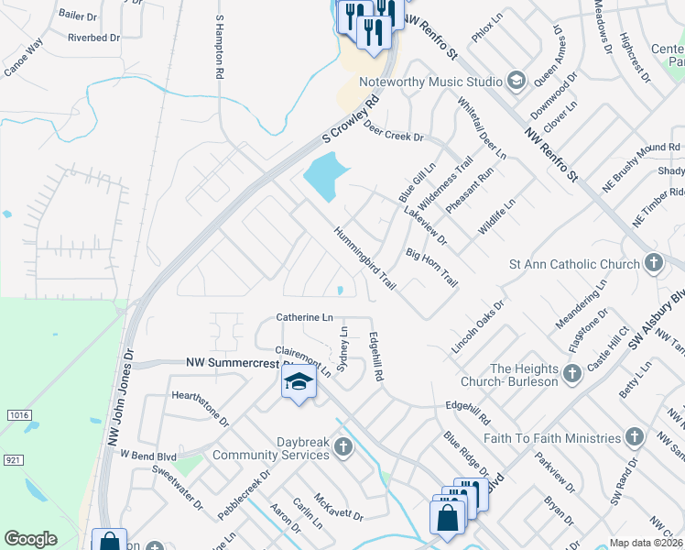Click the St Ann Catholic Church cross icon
point(653,264)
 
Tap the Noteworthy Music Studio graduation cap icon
point(516,82)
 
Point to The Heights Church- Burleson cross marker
point(571,373)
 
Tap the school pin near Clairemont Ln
point(299,382)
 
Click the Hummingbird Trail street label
point(364,259)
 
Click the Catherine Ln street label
point(305,317)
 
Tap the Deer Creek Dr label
point(394,130)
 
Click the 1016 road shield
point(18,415)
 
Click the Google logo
point(30,539)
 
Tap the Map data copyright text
point(646,543)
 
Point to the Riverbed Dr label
point(94,38)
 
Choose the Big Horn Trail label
point(430,266)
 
